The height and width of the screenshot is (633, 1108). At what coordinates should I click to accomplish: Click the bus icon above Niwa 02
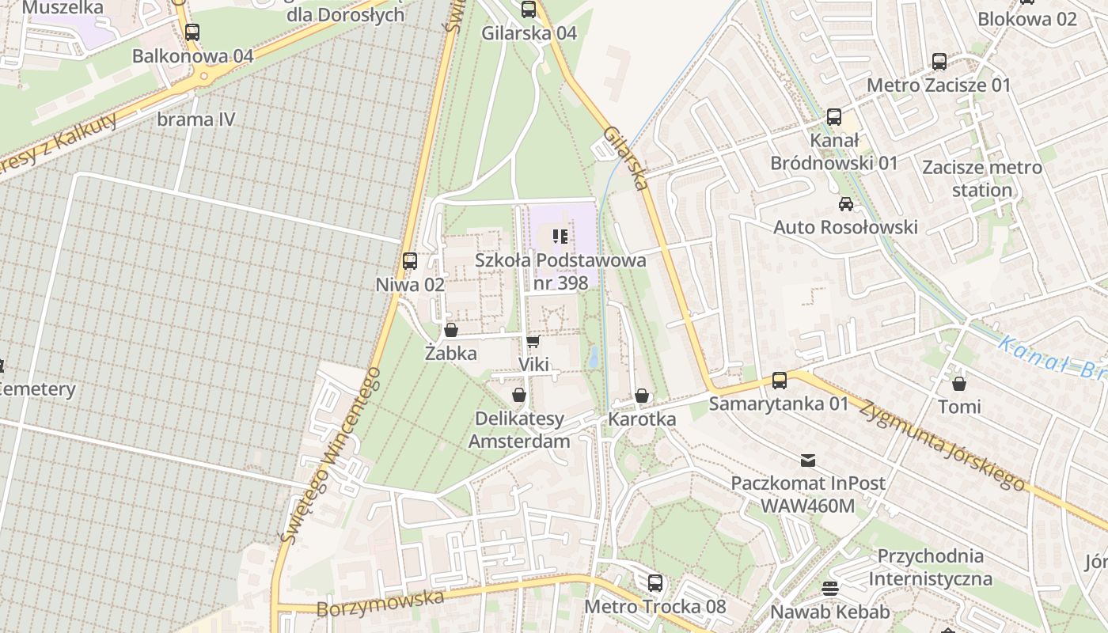[410, 260]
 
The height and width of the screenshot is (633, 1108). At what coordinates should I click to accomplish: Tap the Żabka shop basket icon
[451, 330]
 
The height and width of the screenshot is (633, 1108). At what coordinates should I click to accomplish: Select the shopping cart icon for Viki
[533, 341]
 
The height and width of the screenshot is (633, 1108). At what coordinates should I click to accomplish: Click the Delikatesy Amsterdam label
[519, 430]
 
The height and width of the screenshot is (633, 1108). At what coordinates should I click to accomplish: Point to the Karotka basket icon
[642, 396]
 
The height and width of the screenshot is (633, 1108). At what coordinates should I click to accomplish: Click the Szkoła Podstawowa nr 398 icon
[560, 236]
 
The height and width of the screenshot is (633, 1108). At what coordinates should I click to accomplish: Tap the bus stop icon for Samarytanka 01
[780, 381]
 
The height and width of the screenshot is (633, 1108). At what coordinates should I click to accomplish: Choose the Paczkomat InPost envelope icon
[808, 460]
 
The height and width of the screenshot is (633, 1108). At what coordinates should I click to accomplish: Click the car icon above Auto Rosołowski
[846, 204]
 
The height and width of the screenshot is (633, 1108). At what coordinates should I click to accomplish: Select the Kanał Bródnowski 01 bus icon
[834, 117]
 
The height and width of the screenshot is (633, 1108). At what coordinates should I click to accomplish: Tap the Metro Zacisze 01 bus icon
[939, 61]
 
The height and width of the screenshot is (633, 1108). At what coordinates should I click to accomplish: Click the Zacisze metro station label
[982, 179]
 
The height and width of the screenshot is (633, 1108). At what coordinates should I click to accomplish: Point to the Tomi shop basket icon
[959, 384]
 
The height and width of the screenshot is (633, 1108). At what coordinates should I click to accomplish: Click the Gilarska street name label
[625, 158]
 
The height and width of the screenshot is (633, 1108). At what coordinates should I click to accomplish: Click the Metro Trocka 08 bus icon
[655, 583]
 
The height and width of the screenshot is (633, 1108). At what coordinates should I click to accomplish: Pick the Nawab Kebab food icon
[829, 588]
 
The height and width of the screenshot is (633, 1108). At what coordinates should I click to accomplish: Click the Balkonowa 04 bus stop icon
[192, 32]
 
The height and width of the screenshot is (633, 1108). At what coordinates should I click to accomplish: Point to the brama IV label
[196, 119]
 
